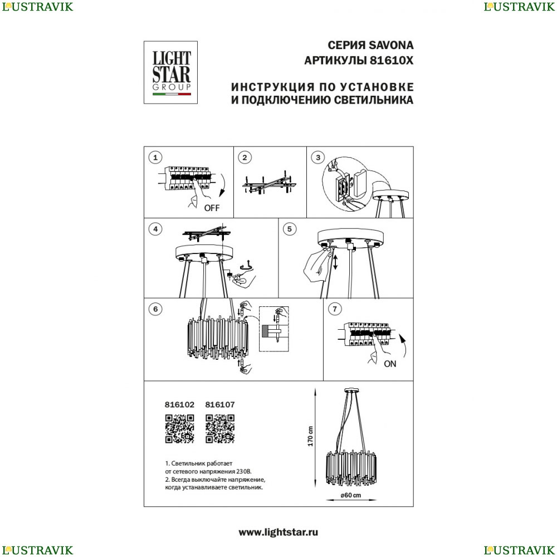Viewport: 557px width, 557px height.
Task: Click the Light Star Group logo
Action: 170,72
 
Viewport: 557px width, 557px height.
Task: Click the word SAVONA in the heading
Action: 391,46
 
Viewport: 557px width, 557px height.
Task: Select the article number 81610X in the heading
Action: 392,61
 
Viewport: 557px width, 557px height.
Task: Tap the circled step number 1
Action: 155,158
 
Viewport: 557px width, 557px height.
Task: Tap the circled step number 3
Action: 318,158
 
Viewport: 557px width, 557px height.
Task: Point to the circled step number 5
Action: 290,229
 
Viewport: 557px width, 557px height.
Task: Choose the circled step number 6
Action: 155,309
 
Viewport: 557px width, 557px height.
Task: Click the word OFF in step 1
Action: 212,208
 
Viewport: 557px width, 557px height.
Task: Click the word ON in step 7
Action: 390,364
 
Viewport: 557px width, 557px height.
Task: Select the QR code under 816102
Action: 179,429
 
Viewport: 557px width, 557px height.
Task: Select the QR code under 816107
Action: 220,429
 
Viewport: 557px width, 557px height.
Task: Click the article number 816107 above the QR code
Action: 220,404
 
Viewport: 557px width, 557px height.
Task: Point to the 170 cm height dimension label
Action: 310,436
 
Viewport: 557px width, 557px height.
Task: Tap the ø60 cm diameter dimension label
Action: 350,495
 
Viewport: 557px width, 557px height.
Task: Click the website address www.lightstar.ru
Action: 278,532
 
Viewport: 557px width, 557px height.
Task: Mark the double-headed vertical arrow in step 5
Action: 335,262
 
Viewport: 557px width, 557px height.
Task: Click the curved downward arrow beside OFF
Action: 222,185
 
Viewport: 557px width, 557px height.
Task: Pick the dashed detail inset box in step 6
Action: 274,329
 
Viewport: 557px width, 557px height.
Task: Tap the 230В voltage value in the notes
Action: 244,472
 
